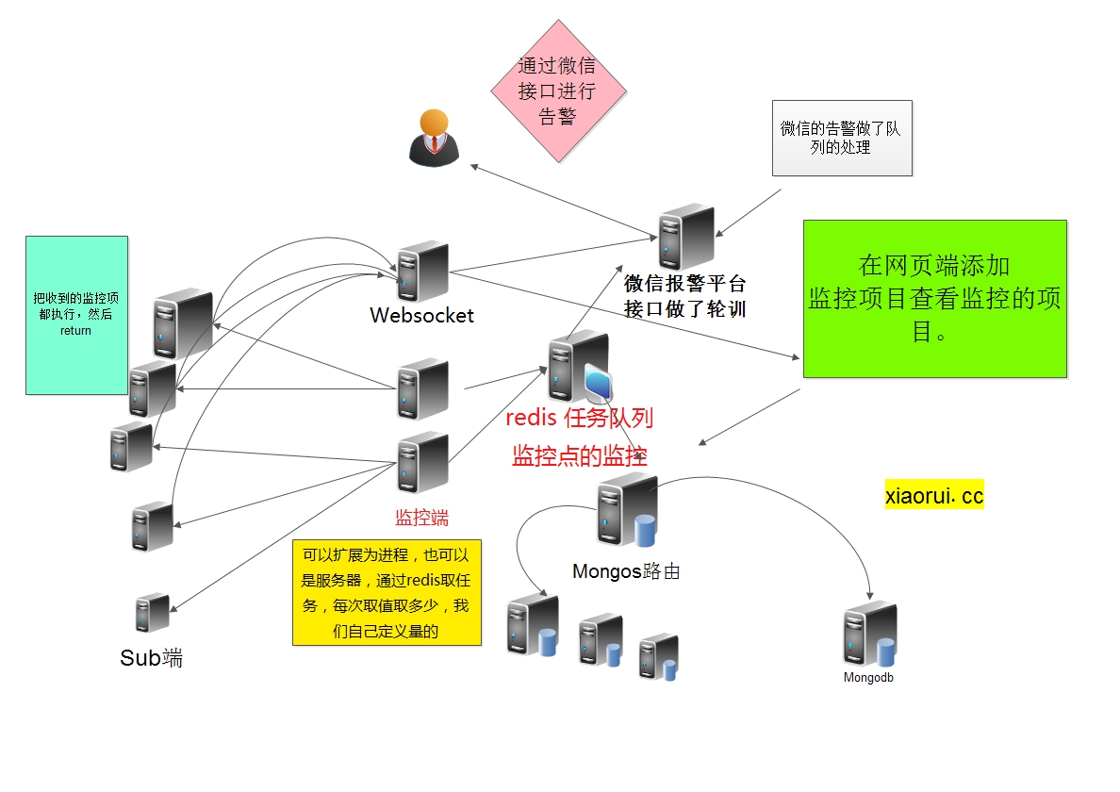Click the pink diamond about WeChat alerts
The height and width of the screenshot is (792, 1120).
point(558,91)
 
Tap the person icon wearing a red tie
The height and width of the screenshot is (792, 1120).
point(433,138)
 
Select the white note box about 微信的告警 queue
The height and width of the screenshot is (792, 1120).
point(842,138)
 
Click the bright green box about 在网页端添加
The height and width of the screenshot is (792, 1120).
point(934,299)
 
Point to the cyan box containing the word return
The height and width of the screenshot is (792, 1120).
point(76,315)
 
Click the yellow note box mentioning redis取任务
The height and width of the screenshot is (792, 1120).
point(387,592)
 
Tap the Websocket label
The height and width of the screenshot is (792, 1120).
point(421,315)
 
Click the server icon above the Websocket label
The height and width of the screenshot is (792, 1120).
point(421,272)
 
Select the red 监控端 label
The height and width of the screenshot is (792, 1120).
point(421,517)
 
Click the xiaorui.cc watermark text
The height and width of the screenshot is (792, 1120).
point(933,495)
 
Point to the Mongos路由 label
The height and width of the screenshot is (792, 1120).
point(626,571)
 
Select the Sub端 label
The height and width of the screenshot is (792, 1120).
point(151,658)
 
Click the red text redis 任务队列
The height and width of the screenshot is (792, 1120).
point(579,418)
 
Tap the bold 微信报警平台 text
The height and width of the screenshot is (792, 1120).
point(685,283)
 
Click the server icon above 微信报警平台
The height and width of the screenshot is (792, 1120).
point(685,237)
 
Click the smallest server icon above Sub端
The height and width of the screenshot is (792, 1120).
point(152,613)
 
